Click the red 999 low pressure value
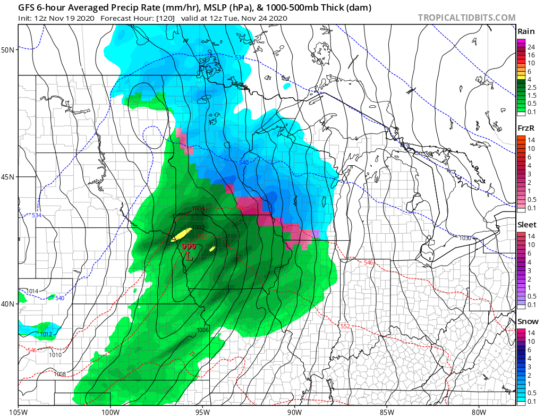pos(189,246)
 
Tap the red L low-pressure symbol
pos(189,256)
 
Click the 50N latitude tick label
pos(8,50)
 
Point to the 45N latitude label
pos(8,177)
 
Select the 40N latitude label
pos(8,304)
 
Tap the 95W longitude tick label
pos(202,411)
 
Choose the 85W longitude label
pos(386,411)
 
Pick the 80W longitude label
pos(478,411)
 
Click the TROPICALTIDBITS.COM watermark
pos(466,18)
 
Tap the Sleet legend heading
pos(527,225)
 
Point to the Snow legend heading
pos(528,321)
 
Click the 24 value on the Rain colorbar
pos(530,47)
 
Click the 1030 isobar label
pos(465,238)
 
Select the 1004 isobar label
pos(198,208)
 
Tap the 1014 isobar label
pos(33,291)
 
